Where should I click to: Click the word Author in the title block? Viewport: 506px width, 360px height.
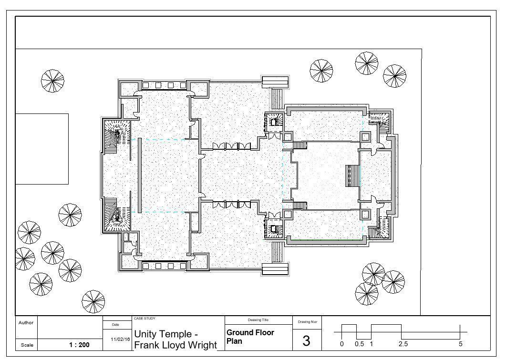pos(26,323)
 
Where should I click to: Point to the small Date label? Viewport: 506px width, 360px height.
pos(115,325)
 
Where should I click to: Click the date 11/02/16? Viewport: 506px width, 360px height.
pos(120,339)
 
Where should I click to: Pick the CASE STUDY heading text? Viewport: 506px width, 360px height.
pos(145,319)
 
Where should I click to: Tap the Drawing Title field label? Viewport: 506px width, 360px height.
pos(258,320)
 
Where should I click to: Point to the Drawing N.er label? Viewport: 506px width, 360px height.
pos(307,322)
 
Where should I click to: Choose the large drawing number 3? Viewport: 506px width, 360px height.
pos(307,341)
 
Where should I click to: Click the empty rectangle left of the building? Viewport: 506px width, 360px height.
pos(42,149)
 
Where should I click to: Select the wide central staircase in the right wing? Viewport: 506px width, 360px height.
pos(352,176)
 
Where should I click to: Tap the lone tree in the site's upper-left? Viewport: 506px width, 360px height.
pos(52,81)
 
